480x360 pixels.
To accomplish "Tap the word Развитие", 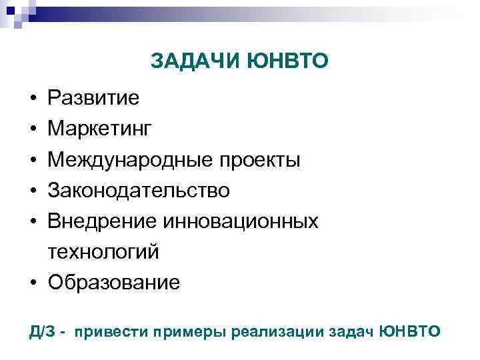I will click(93, 99).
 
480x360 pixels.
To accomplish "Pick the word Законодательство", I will click(139, 191).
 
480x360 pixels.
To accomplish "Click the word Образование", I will click(113, 283).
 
